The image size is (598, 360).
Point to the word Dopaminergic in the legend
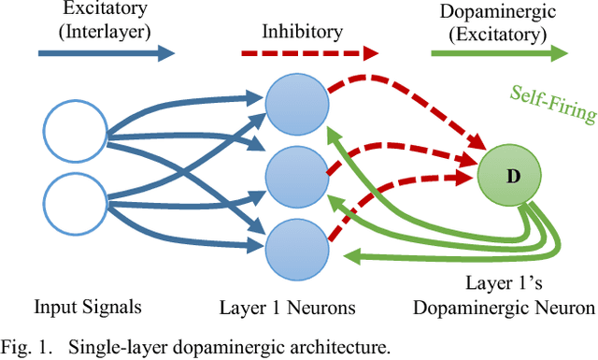499,11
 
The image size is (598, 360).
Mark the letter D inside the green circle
511,177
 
